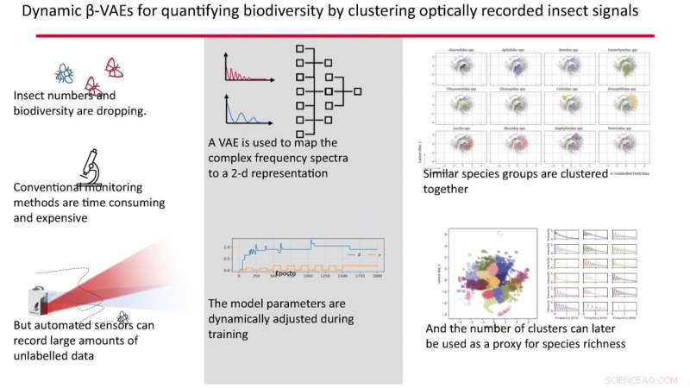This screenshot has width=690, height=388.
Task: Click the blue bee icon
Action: tap(65, 73)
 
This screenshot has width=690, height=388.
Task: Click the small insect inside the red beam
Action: tap(123, 316)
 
